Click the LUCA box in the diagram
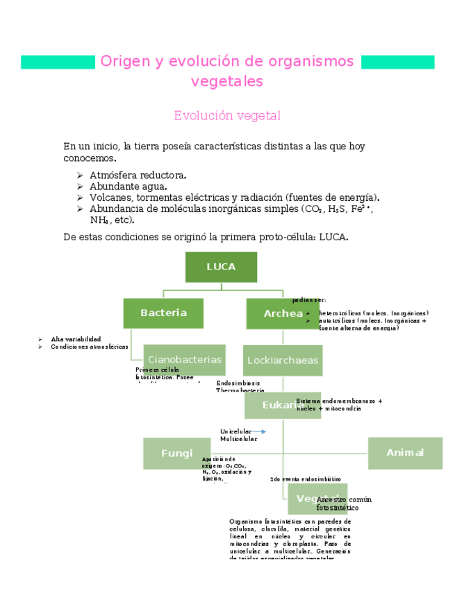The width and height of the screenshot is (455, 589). tap(221, 267)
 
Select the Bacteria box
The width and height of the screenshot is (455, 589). tap(163, 313)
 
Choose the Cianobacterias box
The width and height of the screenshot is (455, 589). tap(184, 359)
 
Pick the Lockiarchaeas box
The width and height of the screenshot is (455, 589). tap(283, 360)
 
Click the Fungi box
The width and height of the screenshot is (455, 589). tap(176, 453)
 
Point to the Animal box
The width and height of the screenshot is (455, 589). tap(405, 453)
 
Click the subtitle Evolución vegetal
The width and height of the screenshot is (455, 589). tap(227, 115)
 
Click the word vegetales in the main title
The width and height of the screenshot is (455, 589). tap(227, 81)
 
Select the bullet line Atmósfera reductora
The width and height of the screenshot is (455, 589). tap(138, 175)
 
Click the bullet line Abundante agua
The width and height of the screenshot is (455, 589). tap(128, 186)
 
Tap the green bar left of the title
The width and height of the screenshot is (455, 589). tap(58, 62)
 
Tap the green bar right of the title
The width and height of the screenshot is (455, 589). tap(398, 62)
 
